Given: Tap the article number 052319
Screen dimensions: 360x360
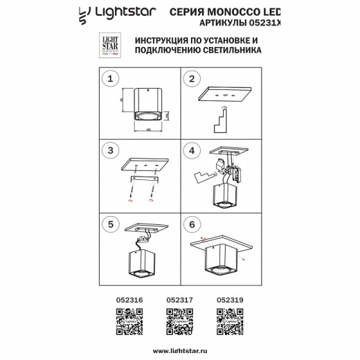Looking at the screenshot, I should pos(229,300).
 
